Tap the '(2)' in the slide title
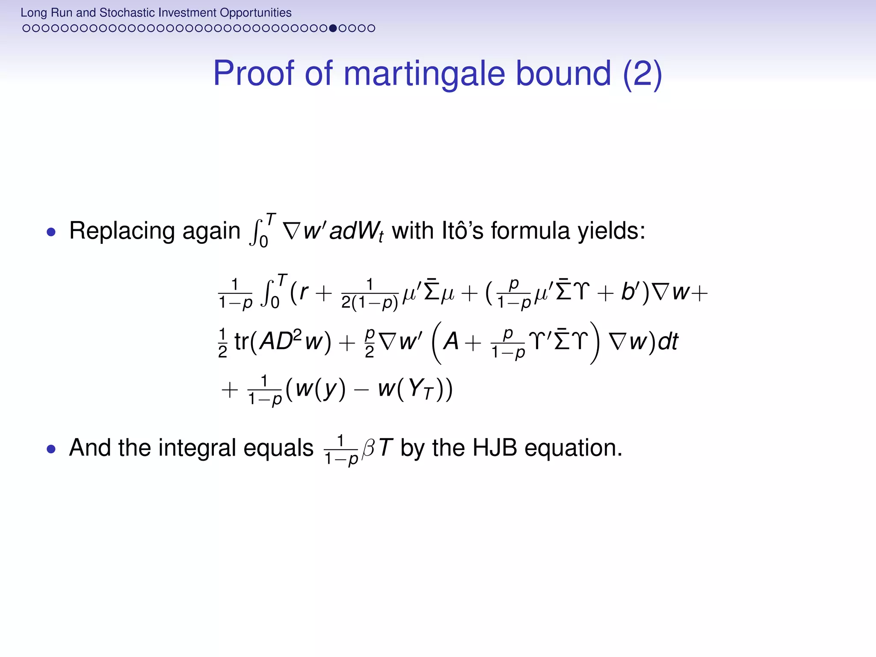click(642, 74)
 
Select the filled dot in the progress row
click(333, 28)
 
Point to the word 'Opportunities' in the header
click(255, 12)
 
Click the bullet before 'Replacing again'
click(51, 232)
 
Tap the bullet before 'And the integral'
click(51, 449)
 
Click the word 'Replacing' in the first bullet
click(122, 231)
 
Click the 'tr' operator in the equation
click(241, 342)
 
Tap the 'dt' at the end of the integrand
click(668, 342)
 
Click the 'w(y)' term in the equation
click(320, 389)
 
